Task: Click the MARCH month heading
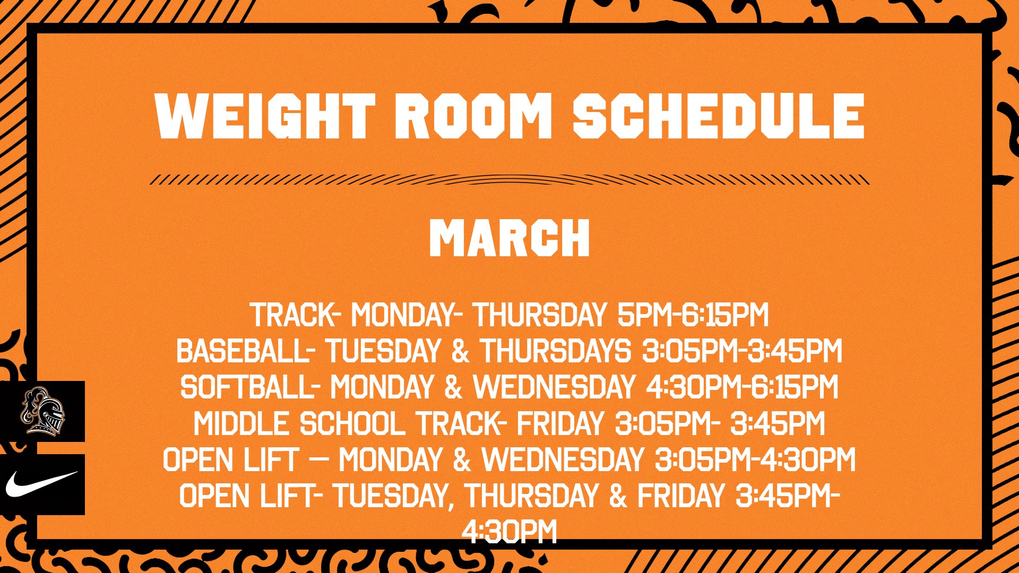[x=509, y=238]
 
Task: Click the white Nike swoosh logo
[x=41, y=484]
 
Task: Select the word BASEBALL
[x=243, y=351]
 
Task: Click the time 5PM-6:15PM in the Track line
[x=693, y=315]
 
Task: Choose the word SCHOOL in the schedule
[x=352, y=424]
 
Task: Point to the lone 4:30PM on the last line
[x=509, y=532]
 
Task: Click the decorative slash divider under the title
[x=509, y=179]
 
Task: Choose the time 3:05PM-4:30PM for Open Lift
[x=755, y=459]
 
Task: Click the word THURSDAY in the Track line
[x=540, y=315]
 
